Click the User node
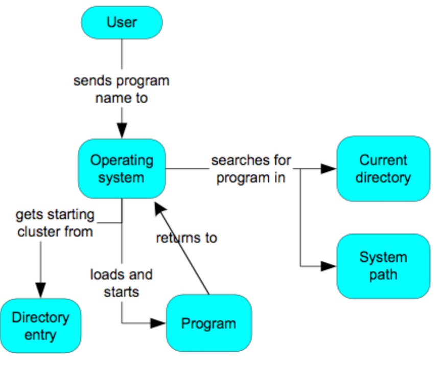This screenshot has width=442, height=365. click(x=122, y=22)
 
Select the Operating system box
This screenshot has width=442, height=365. click(x=122, y=169)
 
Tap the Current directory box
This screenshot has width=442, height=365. click(x=383, y=169)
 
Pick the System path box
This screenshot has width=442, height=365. click(x=383, y=266)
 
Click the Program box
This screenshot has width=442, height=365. click(x=209, y=323)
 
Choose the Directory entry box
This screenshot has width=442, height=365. click(x=40, y=326)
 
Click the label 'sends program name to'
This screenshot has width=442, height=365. click(x=122, y=89)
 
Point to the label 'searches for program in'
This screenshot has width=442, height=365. click(x=251, y=169)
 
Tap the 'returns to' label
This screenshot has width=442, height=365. click(x=187, y=238)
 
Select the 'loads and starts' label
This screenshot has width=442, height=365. click(x=122, y=283)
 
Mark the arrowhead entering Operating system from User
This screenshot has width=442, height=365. click(x=122, y=131)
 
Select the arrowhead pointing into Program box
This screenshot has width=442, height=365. click(x=158, y=323)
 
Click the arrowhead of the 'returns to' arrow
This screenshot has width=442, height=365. click(x=159, y=207)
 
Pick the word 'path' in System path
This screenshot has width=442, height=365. click(x=383, y=274)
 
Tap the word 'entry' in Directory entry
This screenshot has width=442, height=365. click(x=40, y=335)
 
